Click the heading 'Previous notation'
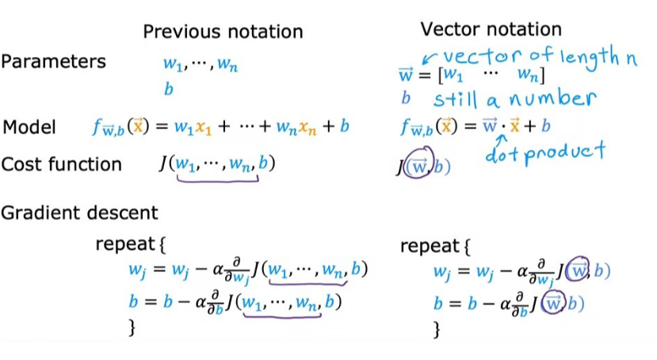click(223, 32)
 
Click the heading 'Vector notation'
click(491, 29)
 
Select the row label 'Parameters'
click(53, 62)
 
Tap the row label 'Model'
click(30, 127)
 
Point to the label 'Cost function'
click(62, 164)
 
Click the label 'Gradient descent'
click(79, 213)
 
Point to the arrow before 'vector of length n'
click(429, 57)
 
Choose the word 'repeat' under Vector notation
click(429, 245)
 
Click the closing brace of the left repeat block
click(132, 326)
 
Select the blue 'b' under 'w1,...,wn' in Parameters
click(168, 89)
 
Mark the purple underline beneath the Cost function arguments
click(219, 180)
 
